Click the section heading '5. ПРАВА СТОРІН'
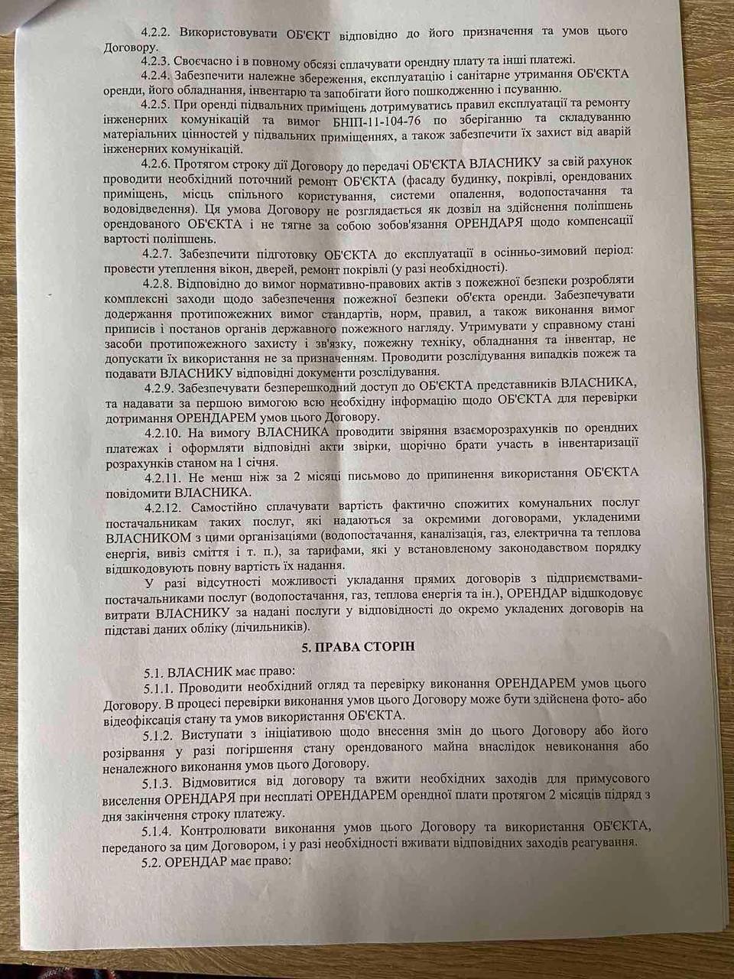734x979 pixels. (x=367, y=646)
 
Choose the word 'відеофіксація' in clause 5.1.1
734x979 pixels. (x=138, y=716)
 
